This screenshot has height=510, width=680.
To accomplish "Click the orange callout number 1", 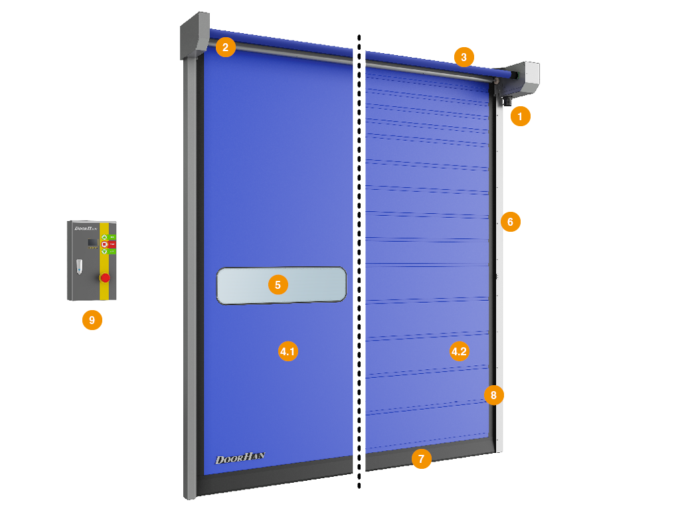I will [x=520, y=118].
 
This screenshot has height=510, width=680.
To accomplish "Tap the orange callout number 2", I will [x=226, y=47].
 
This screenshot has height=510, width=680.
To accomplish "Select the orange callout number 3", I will [x=464, y=57].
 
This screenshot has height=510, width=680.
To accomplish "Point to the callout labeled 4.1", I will [x=288, y=351].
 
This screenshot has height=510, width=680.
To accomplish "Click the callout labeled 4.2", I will [x=459, y=351].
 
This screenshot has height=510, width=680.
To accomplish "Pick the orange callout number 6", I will [x=510, y=222].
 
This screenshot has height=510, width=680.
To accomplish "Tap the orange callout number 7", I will [x=421, y=458].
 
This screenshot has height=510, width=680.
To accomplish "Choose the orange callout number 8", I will [x=493, y=395].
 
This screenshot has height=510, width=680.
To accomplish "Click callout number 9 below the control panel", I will [x=92, y=320].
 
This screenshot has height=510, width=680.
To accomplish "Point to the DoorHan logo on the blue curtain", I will [x=240, y=458].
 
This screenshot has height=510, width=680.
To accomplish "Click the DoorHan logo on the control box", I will [x=86, y=228].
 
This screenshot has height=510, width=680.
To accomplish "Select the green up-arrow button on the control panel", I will [x=104, y=237].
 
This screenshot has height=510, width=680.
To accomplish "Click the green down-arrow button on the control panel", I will [x=104, y=252].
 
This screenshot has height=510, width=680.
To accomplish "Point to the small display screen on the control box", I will [x=93, y=242].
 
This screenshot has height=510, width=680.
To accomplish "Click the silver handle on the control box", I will [x=79, y=266].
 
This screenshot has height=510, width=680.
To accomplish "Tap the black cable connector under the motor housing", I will [x=506, y=101].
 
